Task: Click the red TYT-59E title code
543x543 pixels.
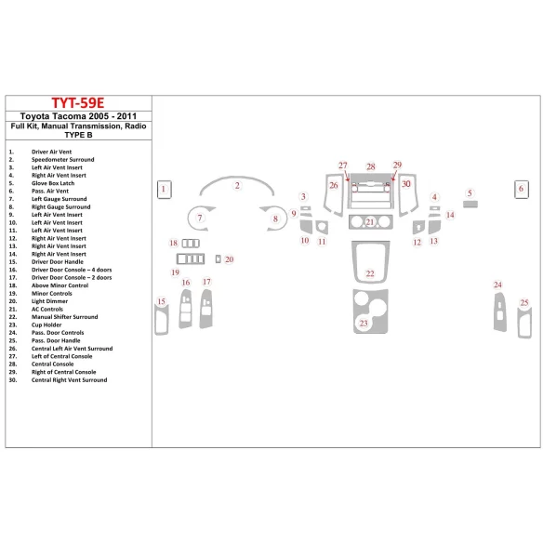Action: tap(76, 103)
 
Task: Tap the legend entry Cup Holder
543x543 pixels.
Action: tap(49, 324)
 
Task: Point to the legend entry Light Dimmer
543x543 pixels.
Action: tap(52, 300)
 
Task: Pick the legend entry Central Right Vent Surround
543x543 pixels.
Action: tap(69, 379)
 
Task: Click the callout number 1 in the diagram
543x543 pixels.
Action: tap(164, 189)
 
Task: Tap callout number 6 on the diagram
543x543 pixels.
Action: tap(521, 189)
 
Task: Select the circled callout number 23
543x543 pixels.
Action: tap(364, 324)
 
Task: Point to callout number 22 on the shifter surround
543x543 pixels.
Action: tap(369, 273)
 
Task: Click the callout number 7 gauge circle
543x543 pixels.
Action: tap(198, 219)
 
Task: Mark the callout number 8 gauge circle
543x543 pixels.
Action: tap(275, 220)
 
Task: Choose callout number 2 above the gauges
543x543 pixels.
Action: tap(237, 186)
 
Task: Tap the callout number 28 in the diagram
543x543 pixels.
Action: tap(370, 167)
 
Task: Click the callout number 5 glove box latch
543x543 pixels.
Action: tap(470, 193)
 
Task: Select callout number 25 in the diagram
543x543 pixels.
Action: tap(524, 303)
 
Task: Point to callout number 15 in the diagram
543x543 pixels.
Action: tap(162, 301)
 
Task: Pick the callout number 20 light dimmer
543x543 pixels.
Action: tap(229, 259)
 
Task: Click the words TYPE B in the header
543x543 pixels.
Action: tap(76, 134)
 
